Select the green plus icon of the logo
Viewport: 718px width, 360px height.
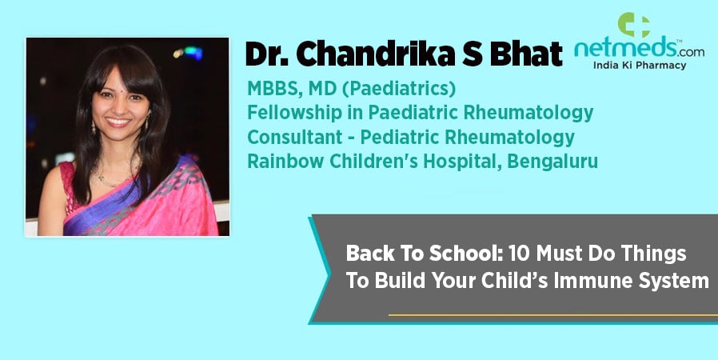634,24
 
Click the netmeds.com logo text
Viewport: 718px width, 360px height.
639,49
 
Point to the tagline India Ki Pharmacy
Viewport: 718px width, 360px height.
640,66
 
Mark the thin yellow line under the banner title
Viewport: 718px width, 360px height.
553,315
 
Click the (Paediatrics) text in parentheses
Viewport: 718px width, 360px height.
399,89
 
